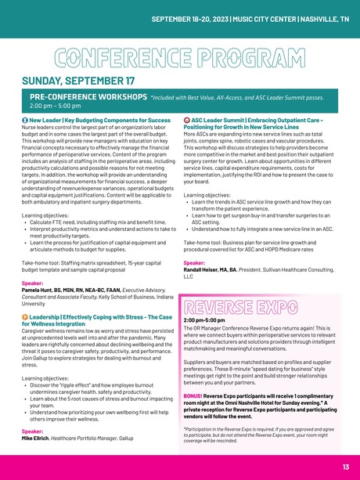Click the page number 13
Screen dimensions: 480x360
[345, 467]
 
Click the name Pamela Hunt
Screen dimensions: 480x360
[41, 290]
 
